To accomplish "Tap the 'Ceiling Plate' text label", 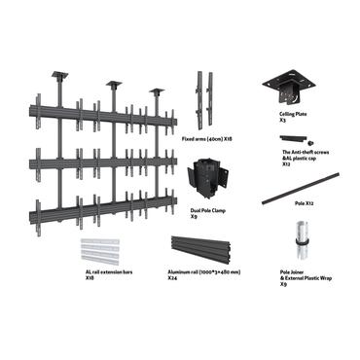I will click(294, 114).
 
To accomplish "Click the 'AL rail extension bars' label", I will click(108, 272).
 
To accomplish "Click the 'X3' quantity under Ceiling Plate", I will click(282, 121).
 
